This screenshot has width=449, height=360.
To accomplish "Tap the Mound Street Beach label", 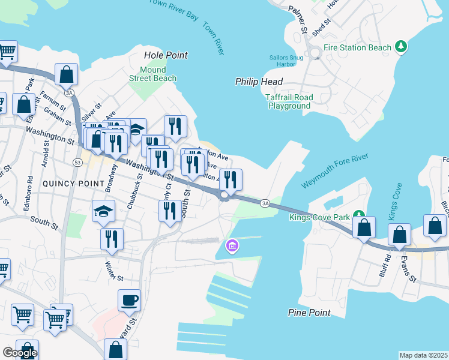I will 153,74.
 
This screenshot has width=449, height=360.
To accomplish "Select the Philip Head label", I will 259,82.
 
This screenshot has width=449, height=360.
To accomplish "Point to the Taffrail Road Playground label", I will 289,101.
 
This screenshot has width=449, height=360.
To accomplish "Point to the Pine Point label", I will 309,313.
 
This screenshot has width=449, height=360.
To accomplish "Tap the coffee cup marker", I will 129,299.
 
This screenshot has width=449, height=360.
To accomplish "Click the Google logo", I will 20,353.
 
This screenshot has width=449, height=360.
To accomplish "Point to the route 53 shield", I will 77,163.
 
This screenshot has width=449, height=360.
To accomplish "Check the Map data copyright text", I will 423,355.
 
